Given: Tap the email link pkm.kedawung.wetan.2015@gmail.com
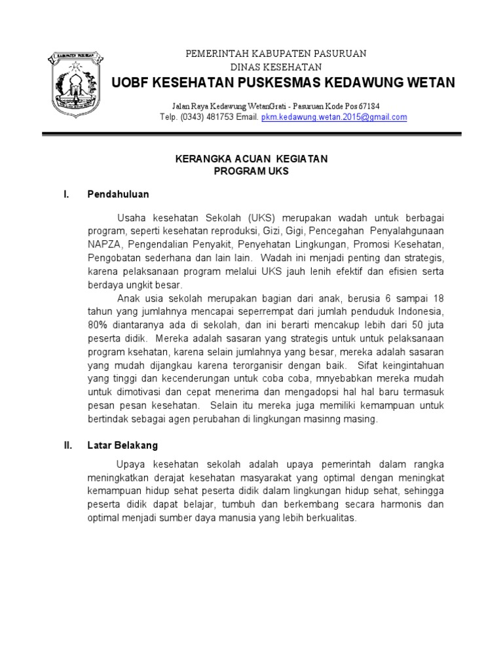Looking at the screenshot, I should click(x=334, y=117).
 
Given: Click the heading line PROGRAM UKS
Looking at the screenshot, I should click(x=251, y=171).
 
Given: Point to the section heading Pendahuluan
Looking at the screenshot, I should click(x=118, y=194).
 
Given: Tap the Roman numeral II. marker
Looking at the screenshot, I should click(x=67, y=445).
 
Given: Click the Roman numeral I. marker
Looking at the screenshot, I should click(x=65, y=194).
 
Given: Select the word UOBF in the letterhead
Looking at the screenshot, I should click(x=130, y=82).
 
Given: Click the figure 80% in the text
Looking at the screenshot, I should click(x=98, y=324).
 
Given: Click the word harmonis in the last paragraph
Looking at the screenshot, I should click(x=399, y=504).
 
